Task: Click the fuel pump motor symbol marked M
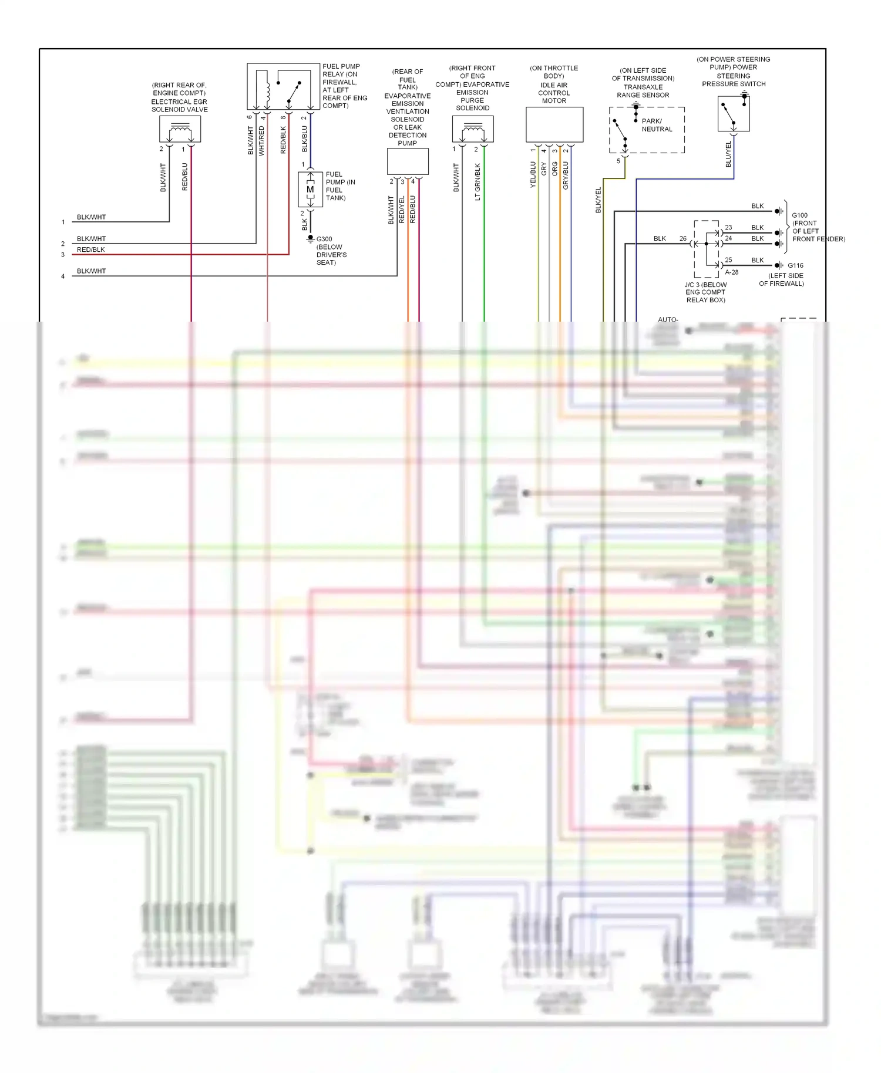[x=310, y=189]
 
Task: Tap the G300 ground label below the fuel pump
[x=324, y=239]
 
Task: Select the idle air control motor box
[x=554, y=124]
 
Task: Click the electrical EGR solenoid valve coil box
[x=180, y=129]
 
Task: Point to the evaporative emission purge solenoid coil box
[x=472, y=129]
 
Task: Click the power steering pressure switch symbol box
[x=734, y=114]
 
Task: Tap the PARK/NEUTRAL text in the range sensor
[x=656, y=125]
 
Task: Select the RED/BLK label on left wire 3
[x=91, y=249]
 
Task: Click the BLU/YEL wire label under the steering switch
[x=728, y=154]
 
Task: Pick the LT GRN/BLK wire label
[x=478, y=182]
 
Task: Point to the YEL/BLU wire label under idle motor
[x=533, y=175]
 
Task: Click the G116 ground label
[x=795, y=265]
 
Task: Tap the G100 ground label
[x=799, y=215]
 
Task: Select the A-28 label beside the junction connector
[x=731, y=272]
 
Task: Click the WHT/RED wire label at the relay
[x=261, y=141]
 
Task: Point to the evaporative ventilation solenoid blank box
[x=408, y=161]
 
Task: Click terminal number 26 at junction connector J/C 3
[x=682, y=238]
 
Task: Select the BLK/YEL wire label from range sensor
[x=598, y=200]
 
